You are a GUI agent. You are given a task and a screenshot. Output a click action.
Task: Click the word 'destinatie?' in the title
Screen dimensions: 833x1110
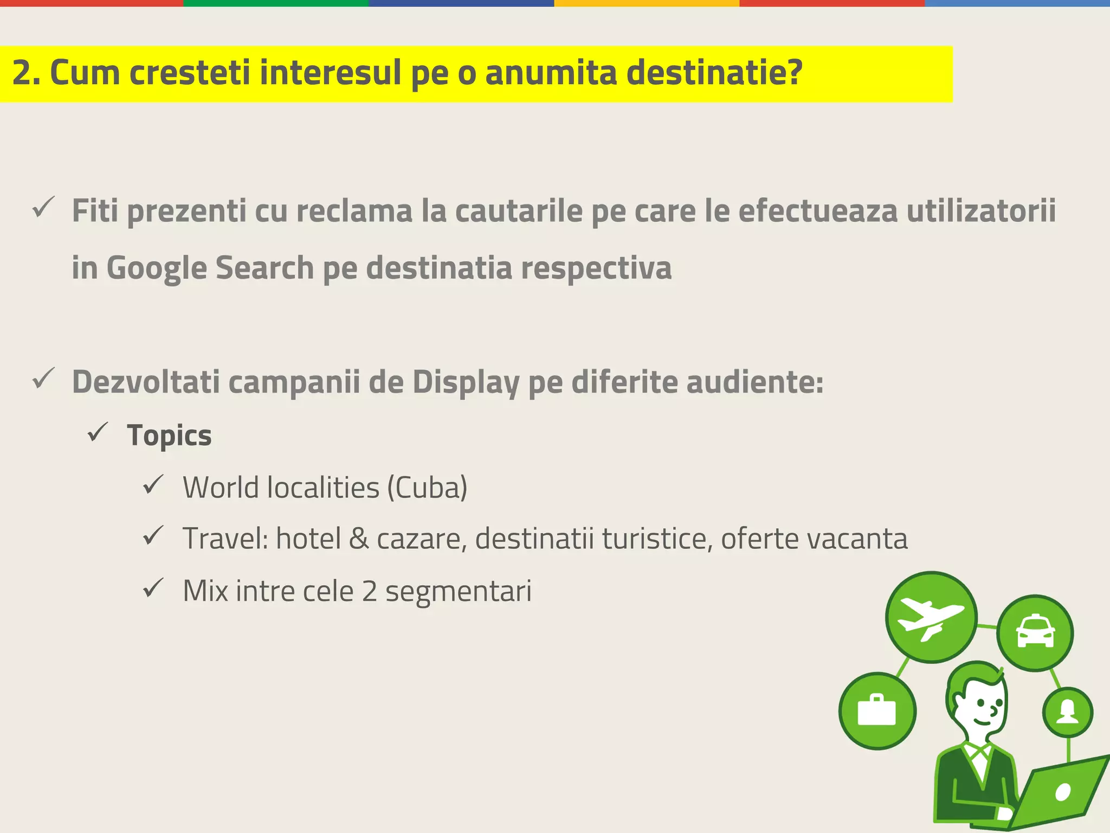[714, 73]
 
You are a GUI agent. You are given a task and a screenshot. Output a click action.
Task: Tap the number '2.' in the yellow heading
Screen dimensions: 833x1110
[26, 73]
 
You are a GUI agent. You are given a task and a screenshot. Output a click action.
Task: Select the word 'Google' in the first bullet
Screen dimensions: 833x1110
[156, 268]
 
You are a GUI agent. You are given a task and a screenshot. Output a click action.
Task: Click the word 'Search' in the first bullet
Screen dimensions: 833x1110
[264, 268]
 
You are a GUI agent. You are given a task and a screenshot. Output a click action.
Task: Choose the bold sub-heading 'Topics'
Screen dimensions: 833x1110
[169, 435]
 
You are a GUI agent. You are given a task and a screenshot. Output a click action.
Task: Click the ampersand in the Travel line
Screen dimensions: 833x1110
[358, 539]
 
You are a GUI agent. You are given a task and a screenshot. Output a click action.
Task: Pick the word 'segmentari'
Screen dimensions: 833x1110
[459, 591]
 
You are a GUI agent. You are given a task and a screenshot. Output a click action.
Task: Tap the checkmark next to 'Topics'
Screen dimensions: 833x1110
[98, 432]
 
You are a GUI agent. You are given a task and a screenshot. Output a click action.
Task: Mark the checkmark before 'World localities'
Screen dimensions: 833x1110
[153, 484]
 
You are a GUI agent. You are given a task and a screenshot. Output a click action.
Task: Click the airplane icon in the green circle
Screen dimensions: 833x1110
[931, 617]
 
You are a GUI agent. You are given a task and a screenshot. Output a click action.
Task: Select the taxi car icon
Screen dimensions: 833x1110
[1035, 633]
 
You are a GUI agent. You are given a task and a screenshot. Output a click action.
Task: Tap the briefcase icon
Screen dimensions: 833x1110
[877, 710]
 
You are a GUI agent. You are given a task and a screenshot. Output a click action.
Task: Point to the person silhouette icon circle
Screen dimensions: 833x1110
[1067, 712]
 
